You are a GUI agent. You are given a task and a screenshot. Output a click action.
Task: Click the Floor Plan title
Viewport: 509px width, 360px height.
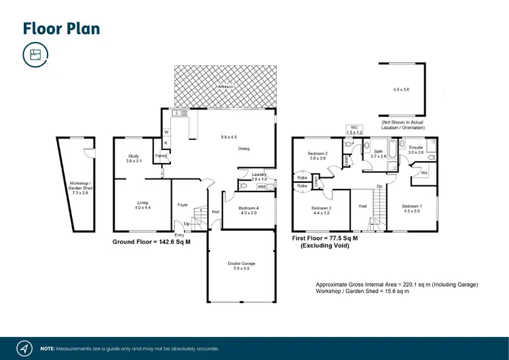[x=61, y=28]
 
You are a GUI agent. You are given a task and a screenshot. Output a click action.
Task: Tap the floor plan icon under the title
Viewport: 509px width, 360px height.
[x=35, y=55]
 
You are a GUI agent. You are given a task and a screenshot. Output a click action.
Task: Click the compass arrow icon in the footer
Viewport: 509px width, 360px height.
[x=24, y=348]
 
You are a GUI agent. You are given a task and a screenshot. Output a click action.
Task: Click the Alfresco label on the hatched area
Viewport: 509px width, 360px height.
[x=225, y=88]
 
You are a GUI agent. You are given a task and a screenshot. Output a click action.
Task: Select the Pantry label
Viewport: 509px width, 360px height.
[x=162, y=156]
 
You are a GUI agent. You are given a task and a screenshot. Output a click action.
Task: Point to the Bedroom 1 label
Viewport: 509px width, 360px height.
[x=411, y=206]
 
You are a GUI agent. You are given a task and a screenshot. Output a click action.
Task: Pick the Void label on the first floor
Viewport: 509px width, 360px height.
[x=362, y=206]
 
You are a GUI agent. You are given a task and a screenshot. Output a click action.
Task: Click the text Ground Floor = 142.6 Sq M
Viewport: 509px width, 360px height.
[x=150, y=242]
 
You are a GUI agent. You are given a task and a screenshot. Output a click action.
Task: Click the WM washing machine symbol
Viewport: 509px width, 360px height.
[x=261, y=186]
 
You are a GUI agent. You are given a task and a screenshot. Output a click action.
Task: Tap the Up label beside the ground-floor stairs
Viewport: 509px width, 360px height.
[x=187, y=223]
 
